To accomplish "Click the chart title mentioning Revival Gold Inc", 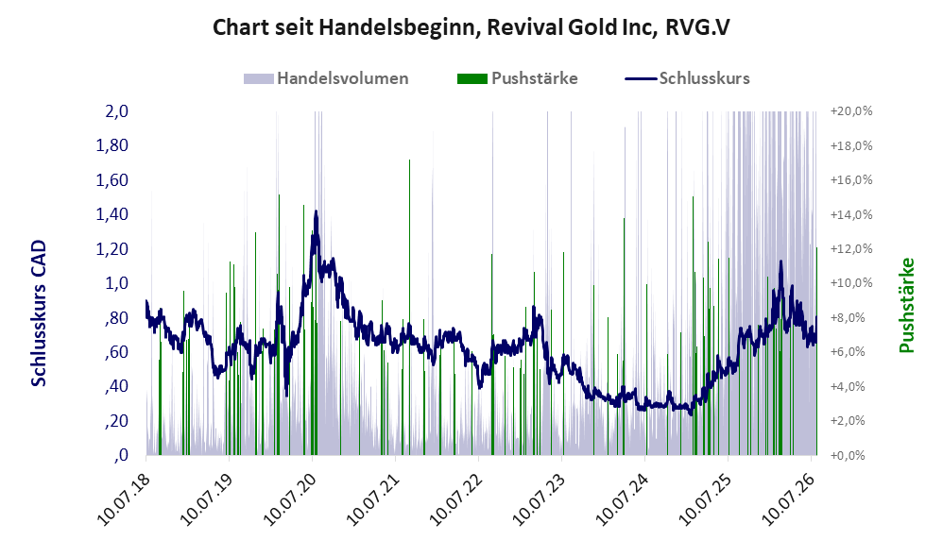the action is click(x=471, y=27).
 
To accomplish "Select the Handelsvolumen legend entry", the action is click(x=326, y=78).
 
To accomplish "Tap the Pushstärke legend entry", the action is click(x=517, y=78).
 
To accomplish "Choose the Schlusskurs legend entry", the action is click(x=687, y=78).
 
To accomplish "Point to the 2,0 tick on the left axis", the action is click(x=116, y=111).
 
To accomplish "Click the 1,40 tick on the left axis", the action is click(x=112, y=214).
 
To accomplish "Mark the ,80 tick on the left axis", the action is click(x=116, y=317).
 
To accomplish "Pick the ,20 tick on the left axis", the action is click(x=116, y=421).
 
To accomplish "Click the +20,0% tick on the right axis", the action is click(x=851, y=111).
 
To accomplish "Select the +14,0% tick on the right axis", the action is click(x=851, y=214).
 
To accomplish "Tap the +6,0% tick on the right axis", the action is click(x=851, y=351).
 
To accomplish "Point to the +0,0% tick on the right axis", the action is click(x=851, y=455).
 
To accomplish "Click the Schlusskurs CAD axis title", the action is click(x=39, y=313).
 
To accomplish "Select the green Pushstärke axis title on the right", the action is click(x=906, y=305).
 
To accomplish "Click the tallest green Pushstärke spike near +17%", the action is click(x=409, y=307).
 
